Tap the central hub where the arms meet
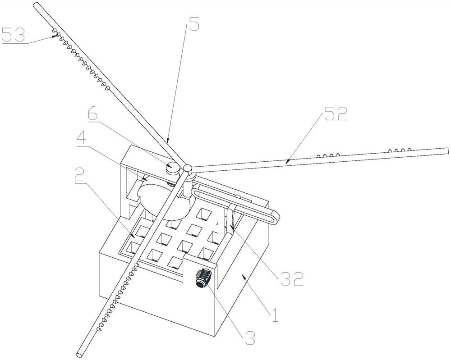186,169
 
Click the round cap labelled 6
172,167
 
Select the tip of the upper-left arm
37,5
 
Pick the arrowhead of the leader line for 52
286,160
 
